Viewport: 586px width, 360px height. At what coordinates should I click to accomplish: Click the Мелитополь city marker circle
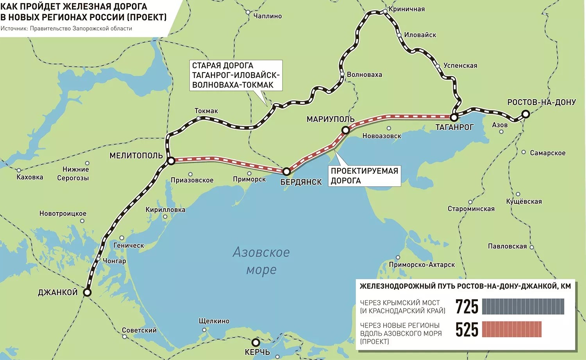click(171, 160)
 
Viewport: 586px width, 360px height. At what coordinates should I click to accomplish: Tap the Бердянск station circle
click(286, 171)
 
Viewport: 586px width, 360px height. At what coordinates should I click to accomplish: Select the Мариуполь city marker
click(345, 130)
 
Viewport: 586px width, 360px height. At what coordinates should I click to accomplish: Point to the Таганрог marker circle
click(454, 117)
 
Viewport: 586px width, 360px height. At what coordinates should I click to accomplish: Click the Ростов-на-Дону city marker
click(526, 114)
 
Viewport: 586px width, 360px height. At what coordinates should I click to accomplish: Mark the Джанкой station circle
click(87, 292)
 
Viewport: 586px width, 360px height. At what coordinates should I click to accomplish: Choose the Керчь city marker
click(255, 342)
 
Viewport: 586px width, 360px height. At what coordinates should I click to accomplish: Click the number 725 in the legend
click(466, 307)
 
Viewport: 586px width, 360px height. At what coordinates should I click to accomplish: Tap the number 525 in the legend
click(466, 330)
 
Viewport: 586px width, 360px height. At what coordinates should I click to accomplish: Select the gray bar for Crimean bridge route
click(523, 307)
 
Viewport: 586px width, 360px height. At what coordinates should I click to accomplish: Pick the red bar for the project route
click(512, 329)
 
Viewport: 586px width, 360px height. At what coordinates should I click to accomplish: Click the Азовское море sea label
click(261, 260)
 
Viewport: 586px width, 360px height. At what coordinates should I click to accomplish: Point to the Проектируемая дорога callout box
click(364, 176)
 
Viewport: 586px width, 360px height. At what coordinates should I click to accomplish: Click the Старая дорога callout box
click(236, 75)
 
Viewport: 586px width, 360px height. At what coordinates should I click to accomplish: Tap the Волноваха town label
click(364, 75)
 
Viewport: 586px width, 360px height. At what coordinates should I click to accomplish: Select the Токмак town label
click(206, 111)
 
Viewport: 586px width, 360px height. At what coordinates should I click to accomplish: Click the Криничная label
click(406, 9)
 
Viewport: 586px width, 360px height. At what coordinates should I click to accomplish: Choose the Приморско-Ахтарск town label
click(422, 265)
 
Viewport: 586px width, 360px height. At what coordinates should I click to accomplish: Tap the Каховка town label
click(30, 177)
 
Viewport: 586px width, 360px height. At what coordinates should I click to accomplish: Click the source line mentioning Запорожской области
click(66, 29)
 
